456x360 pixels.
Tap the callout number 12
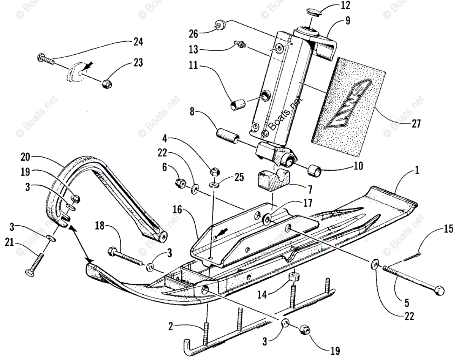pos(346,5)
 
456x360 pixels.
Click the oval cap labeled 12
pos(314,13)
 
